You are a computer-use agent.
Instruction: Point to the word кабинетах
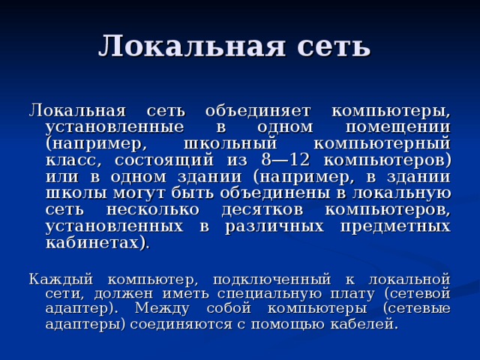[96, 242]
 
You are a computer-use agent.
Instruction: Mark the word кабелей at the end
[367, 324]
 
